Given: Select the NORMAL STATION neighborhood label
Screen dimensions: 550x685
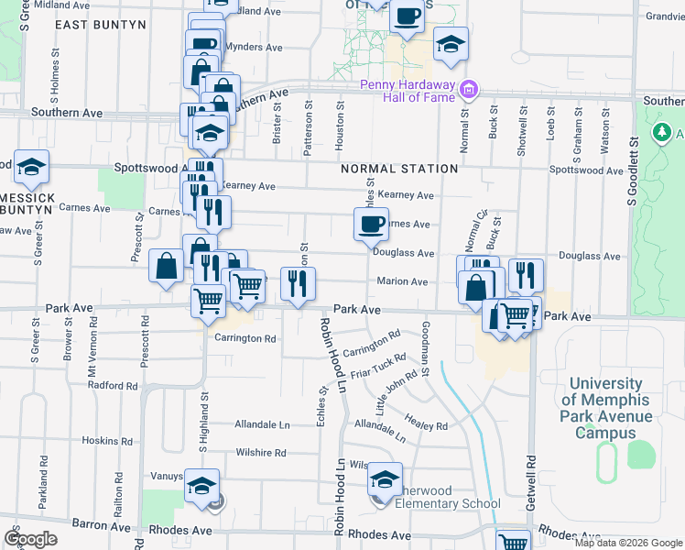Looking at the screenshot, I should [399, 169].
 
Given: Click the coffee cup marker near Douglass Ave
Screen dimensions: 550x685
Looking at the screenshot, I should [371, 225].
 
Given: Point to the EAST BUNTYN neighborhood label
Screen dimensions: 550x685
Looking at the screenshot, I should [100, 25].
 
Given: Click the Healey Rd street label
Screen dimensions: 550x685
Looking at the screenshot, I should [428, 425].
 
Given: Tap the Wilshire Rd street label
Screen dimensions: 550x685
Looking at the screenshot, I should [260, 453].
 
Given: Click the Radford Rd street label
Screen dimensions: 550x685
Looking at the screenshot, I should [112, 386].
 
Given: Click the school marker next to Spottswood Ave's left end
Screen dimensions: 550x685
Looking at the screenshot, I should [31, 167].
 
